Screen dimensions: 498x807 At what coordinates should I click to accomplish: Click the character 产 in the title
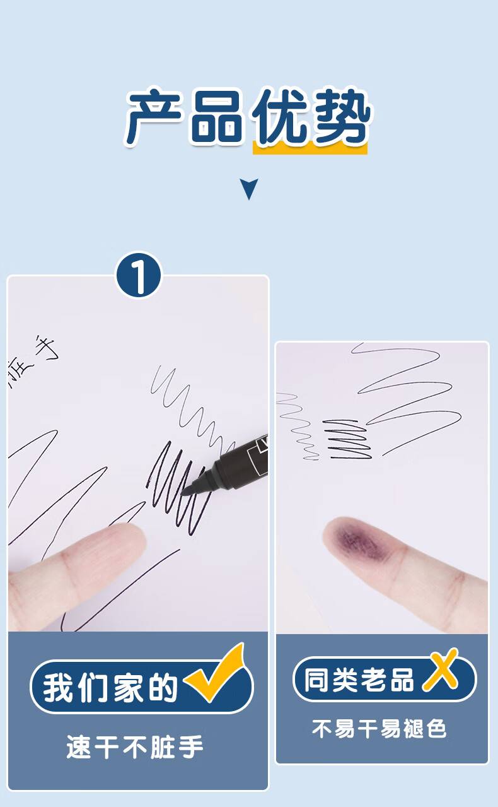click(x=153, y=117)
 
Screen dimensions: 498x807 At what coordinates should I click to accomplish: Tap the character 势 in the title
click(x=341, y=116)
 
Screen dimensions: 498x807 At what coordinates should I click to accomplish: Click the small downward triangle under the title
click(x=248, y=189)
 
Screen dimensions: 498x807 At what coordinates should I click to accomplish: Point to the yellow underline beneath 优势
click(x=310, y=148)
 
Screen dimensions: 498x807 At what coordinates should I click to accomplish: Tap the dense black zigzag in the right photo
click(x=347, y=440)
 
